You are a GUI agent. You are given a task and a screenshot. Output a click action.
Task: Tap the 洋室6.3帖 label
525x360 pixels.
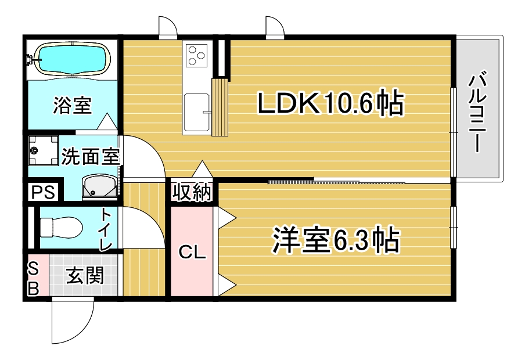coord(336,240)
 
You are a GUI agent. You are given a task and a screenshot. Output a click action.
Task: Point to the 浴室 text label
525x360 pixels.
coord(72,106)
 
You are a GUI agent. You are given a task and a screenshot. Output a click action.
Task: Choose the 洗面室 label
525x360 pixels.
coord(90,157)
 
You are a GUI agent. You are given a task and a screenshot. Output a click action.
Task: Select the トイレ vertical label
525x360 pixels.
coord(106,229)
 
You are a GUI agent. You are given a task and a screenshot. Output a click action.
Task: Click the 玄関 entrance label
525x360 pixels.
coord(84,275)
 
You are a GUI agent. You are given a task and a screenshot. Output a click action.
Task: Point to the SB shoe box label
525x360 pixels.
coord(33,278)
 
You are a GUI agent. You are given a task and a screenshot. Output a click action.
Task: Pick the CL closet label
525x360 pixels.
coord(192,253)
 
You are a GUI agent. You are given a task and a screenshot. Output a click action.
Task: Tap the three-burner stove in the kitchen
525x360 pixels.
coord(196,56)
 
